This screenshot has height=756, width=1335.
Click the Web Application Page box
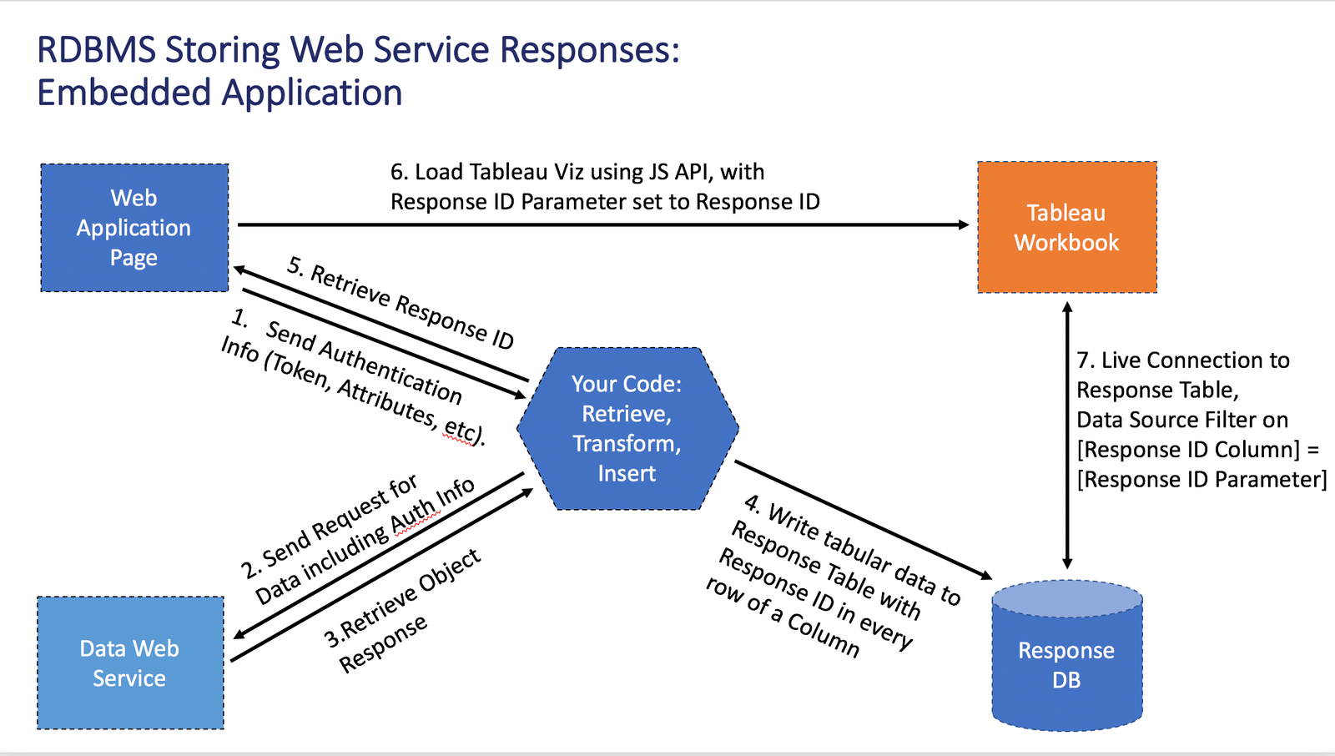click(x=134, y=228)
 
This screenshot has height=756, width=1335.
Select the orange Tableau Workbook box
click(x=1066, y=227)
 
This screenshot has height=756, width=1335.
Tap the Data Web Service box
click(x=130, y=663)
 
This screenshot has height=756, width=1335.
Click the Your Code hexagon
click(x=627, y=428)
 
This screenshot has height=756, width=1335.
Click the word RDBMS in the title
click(x=96, y=50)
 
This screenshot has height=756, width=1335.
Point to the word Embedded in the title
click(x=123, y=93)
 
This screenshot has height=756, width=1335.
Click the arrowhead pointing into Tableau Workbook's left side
click(x=963, y=224)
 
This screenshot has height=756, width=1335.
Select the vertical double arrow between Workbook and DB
click(x=1066, y=434)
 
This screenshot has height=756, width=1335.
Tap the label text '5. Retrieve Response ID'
click(x=400, y=303)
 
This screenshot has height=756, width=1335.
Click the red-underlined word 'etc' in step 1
click(x=460, y=429)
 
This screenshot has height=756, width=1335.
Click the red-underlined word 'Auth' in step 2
click(x=415, y=512)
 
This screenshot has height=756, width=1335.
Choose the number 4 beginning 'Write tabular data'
click(x=752, y=503)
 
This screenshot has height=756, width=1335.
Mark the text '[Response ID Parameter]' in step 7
click(x=1201, y=480)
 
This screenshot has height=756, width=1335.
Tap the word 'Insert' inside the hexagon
click(x=627, y=473)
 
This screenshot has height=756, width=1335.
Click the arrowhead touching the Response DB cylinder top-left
click(x=985, y=574)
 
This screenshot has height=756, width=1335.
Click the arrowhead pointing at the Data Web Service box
click(x=240, y=634)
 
